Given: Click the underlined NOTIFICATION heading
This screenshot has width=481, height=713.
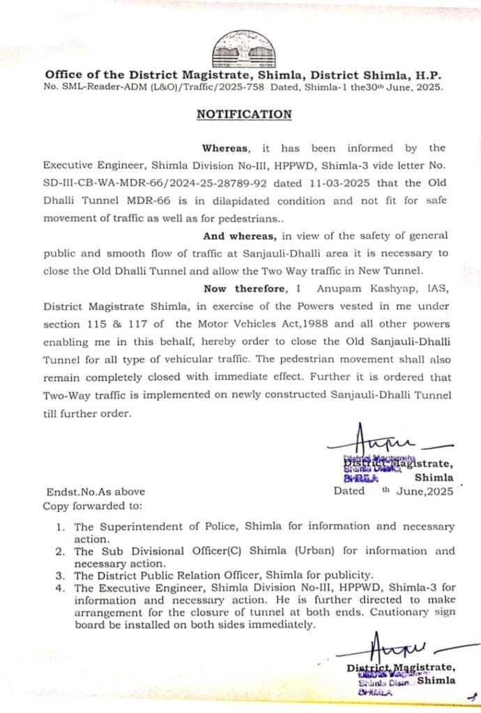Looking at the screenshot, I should [x=243, y=115].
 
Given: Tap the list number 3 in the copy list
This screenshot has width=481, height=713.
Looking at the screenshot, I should [x=61, y=575].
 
